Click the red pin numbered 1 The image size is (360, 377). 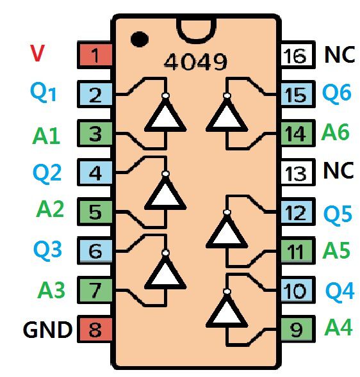95,55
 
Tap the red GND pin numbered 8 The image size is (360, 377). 95,329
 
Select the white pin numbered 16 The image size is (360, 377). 298,55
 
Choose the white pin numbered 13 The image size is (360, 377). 298,172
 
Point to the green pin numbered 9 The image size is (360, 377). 298,329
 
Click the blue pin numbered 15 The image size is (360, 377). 298,94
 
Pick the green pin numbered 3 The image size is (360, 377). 95,133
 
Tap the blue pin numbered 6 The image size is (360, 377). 95,250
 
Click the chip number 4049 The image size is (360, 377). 195,61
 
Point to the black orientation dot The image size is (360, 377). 140,39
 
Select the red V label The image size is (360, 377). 37,53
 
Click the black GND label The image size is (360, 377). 47,330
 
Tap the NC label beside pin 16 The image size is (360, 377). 340,54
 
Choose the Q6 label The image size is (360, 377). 337,93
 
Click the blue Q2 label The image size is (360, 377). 47,173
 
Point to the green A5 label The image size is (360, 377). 336,250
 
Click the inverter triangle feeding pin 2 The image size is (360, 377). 165,115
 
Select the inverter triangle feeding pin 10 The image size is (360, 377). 227,311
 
